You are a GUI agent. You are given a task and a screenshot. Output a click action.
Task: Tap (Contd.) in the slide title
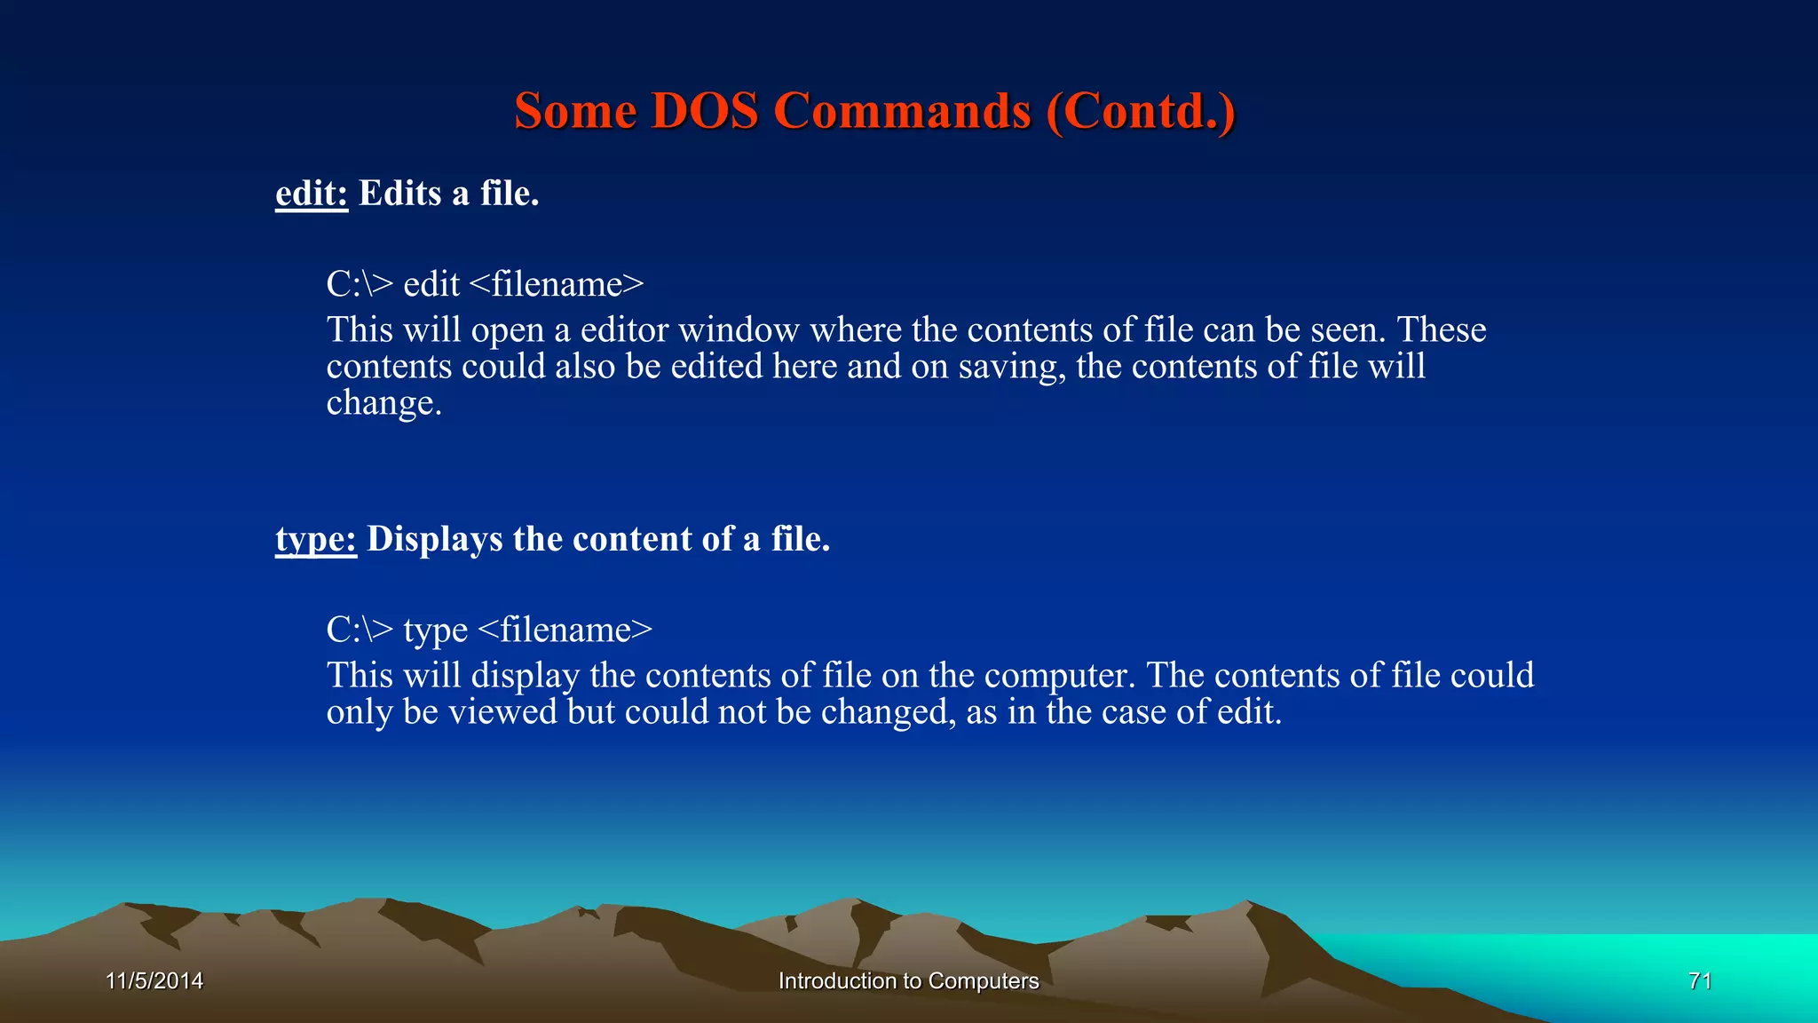(x=1140, y=112)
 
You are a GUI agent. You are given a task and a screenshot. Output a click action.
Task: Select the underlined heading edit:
(x=311, y=194)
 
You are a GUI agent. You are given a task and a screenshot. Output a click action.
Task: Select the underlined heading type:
(x=315, y=539)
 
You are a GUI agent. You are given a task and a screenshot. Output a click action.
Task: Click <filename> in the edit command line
(x=556, y=284)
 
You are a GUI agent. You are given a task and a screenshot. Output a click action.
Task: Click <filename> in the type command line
(x=565, y=630)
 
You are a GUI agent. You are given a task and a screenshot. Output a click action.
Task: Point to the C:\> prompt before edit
(x=359, y=284)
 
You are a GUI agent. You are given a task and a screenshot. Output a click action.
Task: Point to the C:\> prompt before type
(x=359, y=630)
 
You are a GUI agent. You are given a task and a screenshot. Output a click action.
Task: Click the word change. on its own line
(x=383, y=403)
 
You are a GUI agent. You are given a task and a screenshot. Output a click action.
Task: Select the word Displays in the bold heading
(x=434, y=539)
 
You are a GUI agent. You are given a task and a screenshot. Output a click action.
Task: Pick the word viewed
(x=502, y=712)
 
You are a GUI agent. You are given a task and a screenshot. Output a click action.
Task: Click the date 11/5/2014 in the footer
(x=154, y=981)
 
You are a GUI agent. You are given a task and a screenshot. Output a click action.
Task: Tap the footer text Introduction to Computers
(x=908, y=981)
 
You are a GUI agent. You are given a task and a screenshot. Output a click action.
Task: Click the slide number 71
(x=1699, y=981)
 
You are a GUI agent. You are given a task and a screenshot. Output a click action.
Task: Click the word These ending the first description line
(x=1442, y=329)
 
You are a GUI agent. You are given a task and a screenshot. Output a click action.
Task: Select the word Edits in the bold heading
(x=399, y=194)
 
